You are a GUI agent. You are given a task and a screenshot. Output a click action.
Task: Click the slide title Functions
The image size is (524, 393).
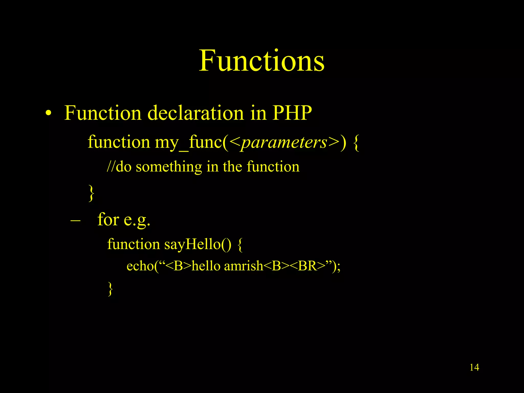[262, 61]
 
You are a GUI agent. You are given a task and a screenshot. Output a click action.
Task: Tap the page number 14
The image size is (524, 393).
[474, 367]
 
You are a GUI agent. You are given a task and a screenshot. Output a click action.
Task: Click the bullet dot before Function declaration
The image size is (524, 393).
[48, 113]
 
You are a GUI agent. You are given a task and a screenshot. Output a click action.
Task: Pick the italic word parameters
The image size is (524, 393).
[284, 142]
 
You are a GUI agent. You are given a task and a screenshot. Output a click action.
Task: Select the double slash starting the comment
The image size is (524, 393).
[111, 167]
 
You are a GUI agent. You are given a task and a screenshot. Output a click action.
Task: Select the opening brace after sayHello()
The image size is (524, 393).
[240, 245]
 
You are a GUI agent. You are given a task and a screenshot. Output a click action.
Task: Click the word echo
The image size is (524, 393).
[140, 266]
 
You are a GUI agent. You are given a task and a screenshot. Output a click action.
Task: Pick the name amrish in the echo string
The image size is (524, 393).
[243, 266]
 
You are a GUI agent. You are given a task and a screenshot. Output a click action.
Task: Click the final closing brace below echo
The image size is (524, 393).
[110, 289]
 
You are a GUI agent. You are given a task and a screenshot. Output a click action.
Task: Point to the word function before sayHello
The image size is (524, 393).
[133, 244]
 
